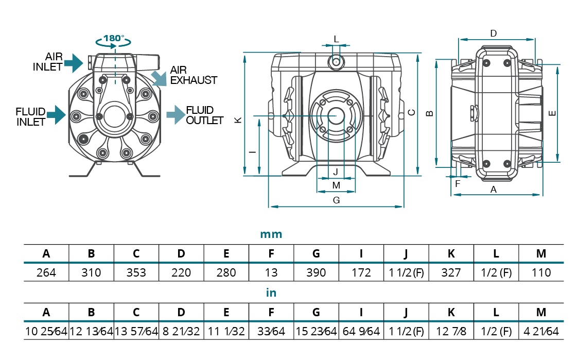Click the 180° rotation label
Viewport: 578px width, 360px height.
114,38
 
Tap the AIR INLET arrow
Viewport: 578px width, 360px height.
74,63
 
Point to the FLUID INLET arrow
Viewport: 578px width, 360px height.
57,115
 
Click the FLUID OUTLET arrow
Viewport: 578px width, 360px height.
176,115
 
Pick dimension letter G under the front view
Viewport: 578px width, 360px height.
336,200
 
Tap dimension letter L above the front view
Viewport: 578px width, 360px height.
336,39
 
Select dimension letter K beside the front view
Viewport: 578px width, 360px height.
238,120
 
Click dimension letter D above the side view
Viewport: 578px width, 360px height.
493,33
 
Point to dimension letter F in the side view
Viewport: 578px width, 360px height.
458,184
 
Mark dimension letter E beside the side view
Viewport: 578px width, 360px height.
552,113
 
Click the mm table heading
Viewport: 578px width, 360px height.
271,234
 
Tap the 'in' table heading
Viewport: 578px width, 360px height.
271,293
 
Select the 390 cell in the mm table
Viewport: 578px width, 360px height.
316,272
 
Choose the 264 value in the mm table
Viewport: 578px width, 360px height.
46,272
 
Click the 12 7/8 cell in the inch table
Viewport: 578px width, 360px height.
451,331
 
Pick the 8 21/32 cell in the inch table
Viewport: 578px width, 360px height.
181,331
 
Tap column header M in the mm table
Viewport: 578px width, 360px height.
541,253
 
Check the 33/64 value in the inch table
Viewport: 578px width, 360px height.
271,331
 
